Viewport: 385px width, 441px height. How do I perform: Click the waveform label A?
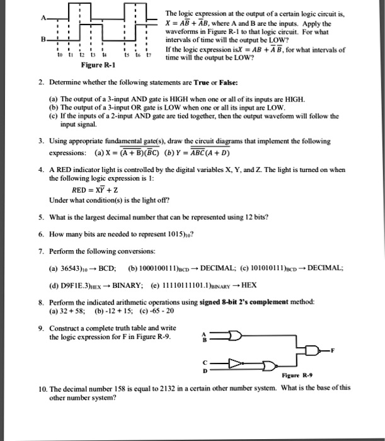click(x=43, y=16)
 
